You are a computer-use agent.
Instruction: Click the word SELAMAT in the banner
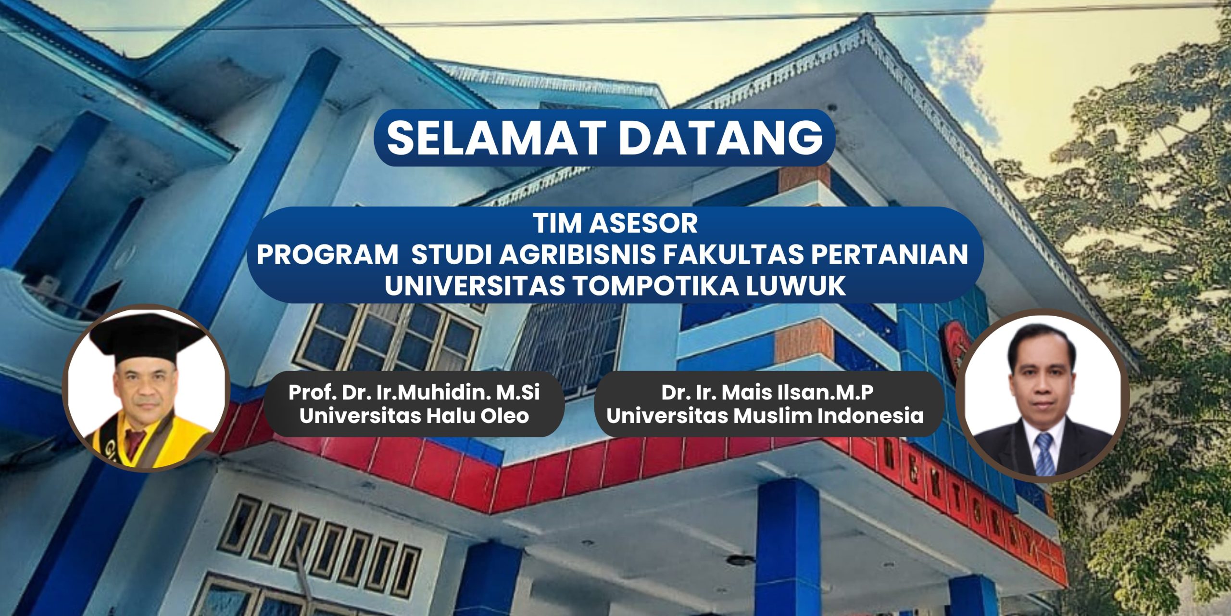[496, 138]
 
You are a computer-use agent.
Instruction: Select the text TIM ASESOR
[615, 224]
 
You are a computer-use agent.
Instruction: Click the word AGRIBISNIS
[577, 255]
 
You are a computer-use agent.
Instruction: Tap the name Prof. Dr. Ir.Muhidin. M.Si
[414, 393]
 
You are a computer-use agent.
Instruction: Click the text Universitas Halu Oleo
[414, 416]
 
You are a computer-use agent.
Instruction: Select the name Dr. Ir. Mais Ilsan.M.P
[767, 393]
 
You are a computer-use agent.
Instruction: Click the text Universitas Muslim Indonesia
[765, 416]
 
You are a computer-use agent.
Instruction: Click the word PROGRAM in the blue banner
[327, 255]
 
